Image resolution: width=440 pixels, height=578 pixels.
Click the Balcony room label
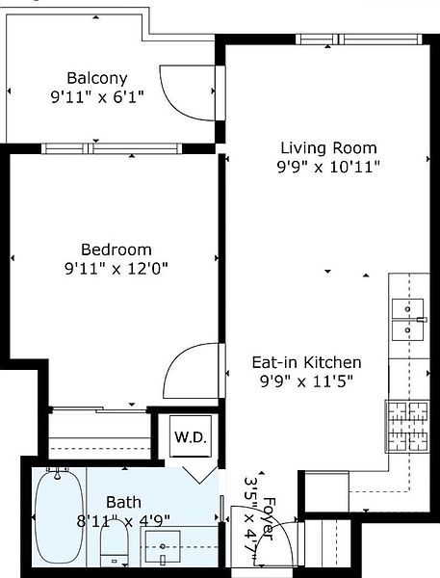click(97, 79)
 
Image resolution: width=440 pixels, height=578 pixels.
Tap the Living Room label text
click(328, 148)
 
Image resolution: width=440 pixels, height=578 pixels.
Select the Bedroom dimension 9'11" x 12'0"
click(116, 269)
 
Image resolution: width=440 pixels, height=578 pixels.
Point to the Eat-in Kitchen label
click(306, 363)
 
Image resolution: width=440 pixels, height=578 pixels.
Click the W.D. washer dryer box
click(190, 436)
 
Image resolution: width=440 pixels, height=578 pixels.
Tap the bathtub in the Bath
click(59, 516)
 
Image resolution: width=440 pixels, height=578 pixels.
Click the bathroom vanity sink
click(163, 546)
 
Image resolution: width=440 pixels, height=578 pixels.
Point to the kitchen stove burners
click(407, 427)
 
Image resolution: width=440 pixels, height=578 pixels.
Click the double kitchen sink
click(407, 320)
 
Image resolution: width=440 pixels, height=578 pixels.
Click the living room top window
click(359, 39)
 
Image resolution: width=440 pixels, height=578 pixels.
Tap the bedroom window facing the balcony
click(112, 148)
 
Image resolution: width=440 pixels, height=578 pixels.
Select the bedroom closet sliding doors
click(99, 409)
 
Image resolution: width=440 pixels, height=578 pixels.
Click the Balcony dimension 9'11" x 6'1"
click(97, 97)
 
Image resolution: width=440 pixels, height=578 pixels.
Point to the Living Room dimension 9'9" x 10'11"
click(328, 167)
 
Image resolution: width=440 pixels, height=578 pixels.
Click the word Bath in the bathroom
click(123, 502)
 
